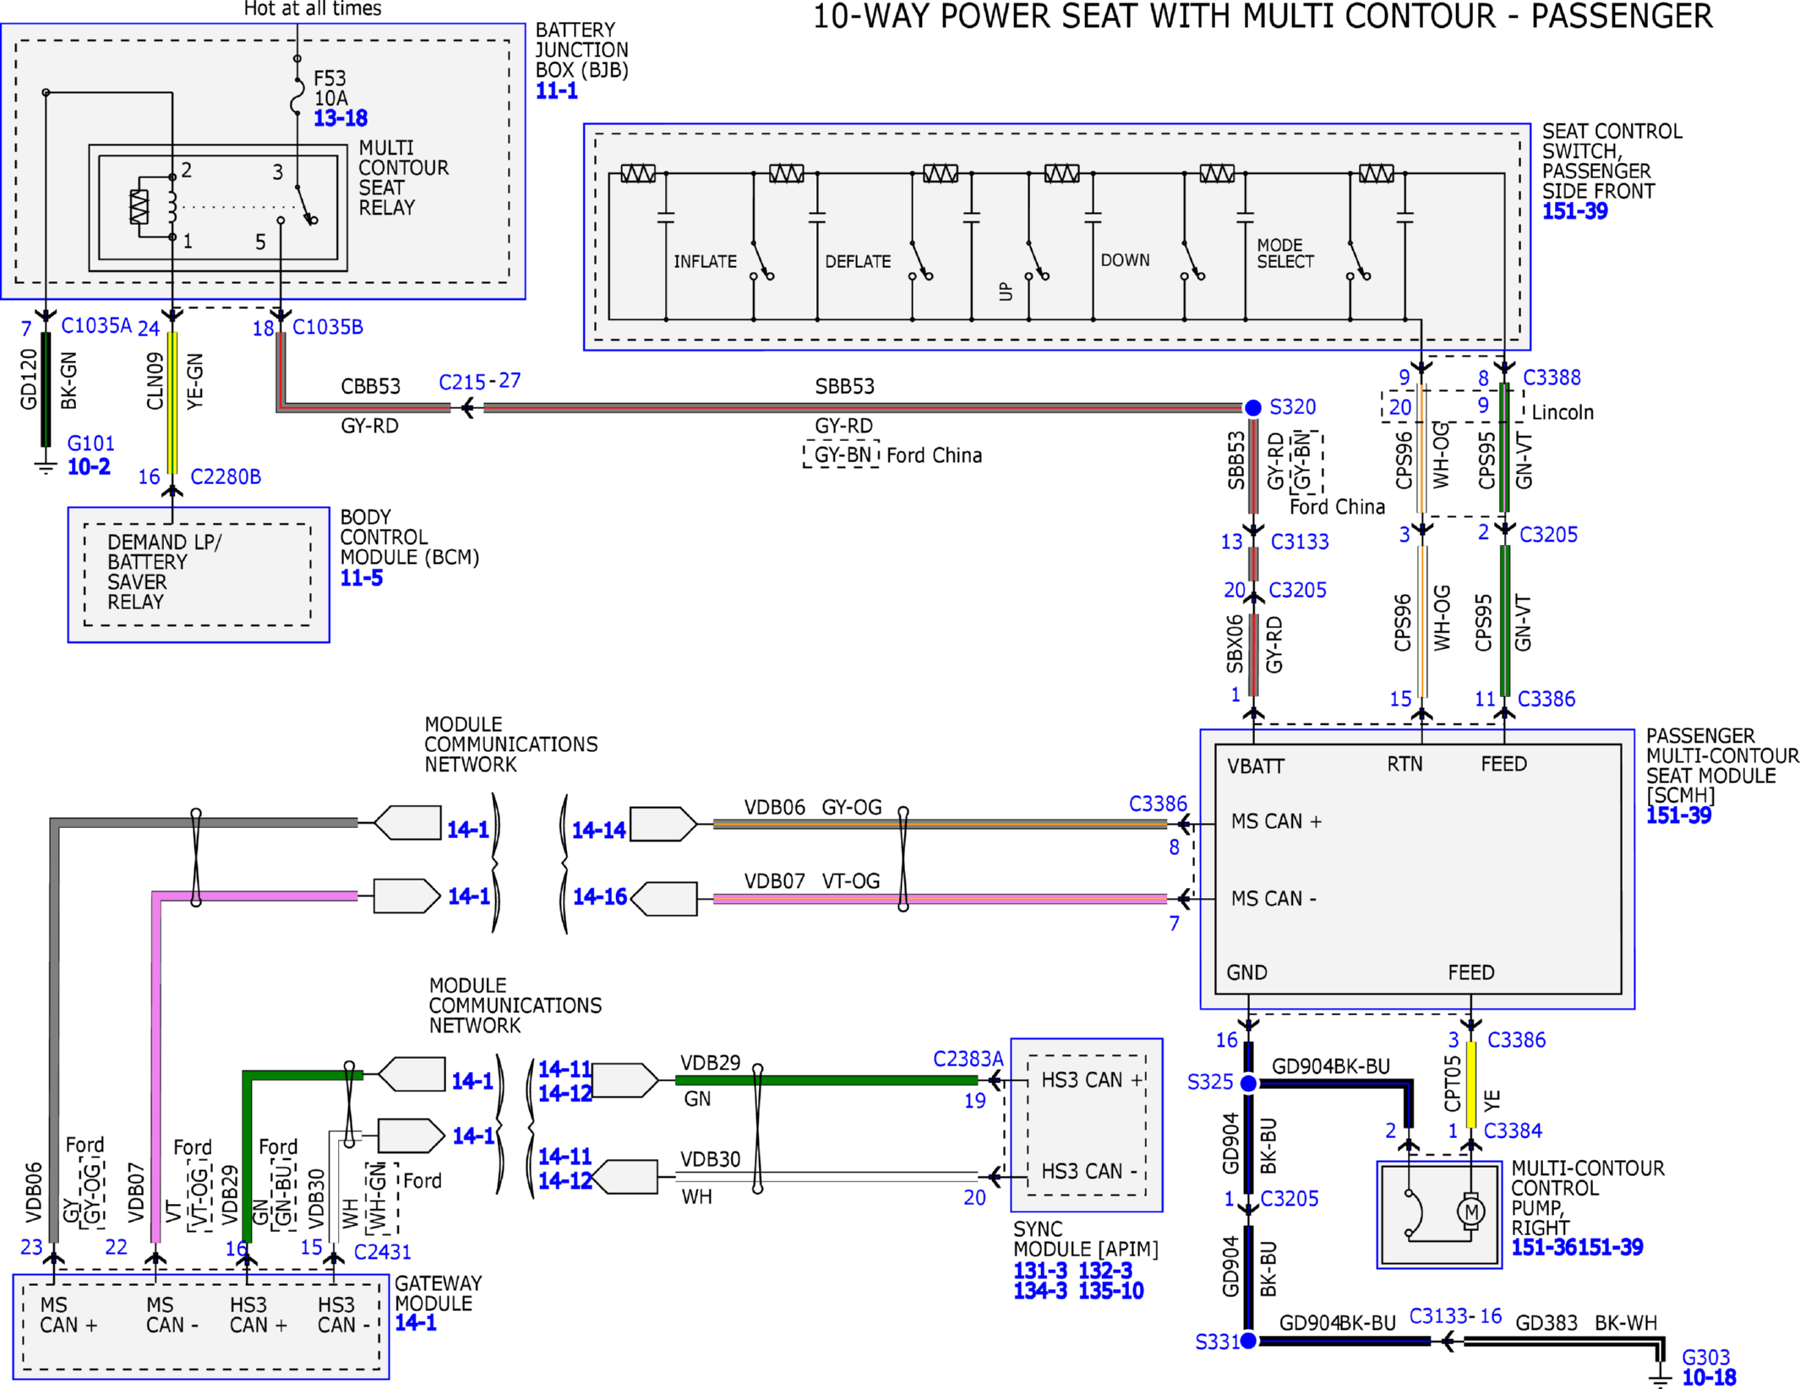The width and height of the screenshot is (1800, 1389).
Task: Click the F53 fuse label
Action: (330, 79)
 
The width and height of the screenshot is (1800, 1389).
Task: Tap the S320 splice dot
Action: (1253, 408)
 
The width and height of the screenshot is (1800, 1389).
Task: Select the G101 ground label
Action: (90, 444)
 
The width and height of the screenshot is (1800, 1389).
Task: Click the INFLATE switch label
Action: (705, 262)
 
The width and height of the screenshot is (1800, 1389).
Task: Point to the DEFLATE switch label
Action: (858, 262)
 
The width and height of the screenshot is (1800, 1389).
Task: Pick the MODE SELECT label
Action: (1285, 253)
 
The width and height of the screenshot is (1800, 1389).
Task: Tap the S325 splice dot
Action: (1248, 1083)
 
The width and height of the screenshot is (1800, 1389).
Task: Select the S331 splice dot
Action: (1248, 1340)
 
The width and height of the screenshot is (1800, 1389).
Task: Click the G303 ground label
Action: (1705, 1357)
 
